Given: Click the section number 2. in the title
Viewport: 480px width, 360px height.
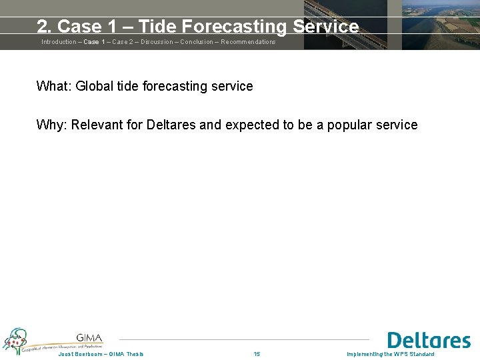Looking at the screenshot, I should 45,27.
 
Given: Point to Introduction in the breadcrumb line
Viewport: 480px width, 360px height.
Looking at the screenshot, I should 59,42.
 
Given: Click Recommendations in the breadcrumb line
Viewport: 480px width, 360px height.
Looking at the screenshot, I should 248,42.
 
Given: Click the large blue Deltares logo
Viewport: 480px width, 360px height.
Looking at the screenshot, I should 429,341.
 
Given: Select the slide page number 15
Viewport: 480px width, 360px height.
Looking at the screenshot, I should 257,354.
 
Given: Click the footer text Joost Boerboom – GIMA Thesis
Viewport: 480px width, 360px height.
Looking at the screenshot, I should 101,354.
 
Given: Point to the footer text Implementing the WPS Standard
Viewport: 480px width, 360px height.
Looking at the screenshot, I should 391,354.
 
